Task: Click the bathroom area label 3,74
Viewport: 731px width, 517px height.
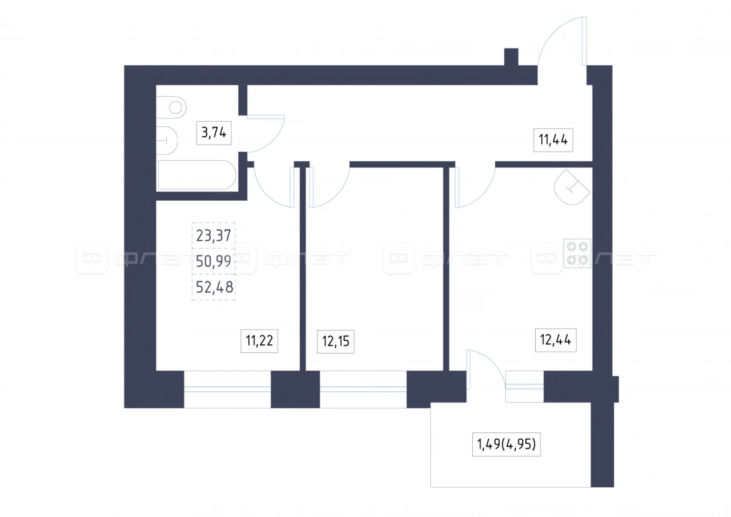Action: tap(214, 133)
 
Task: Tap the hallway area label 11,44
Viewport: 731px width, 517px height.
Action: tap(553, 140)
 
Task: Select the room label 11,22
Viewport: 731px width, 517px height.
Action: tap(259, 341)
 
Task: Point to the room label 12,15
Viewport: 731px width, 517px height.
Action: tap(335, 341)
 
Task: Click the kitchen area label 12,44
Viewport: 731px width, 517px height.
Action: tap(556, 340)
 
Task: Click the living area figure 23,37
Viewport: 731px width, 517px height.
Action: tap(214, 235)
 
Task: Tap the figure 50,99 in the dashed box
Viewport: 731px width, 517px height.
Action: tap(214, 261)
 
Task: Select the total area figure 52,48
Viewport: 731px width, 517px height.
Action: tap(214, 287)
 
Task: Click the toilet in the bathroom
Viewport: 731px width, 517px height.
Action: tap(171, 107)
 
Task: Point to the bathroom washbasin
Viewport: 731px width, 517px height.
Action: tap(166, 141)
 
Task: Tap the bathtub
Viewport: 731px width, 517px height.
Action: tap(197, 175)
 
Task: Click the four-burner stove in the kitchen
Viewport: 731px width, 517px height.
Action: tap(577, 253)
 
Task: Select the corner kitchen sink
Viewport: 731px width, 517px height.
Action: tap(572, 187)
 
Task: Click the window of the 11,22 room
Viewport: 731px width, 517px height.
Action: tap(227, 389)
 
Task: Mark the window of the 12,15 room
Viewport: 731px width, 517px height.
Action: tap(363, 389)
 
